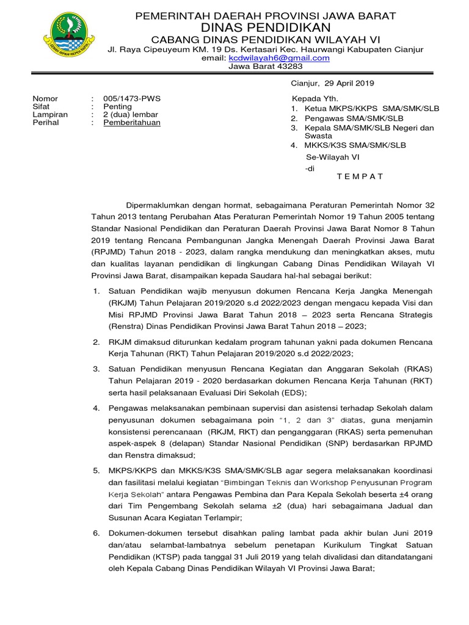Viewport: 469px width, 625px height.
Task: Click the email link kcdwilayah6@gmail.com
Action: (279, 58)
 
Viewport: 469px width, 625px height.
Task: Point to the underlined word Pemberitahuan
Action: (132, 122)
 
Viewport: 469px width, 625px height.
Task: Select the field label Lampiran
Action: (49, 114)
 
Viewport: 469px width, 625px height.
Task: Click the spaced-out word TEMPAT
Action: (360, 176)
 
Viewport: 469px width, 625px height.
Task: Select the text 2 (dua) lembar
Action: (131, 114)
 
